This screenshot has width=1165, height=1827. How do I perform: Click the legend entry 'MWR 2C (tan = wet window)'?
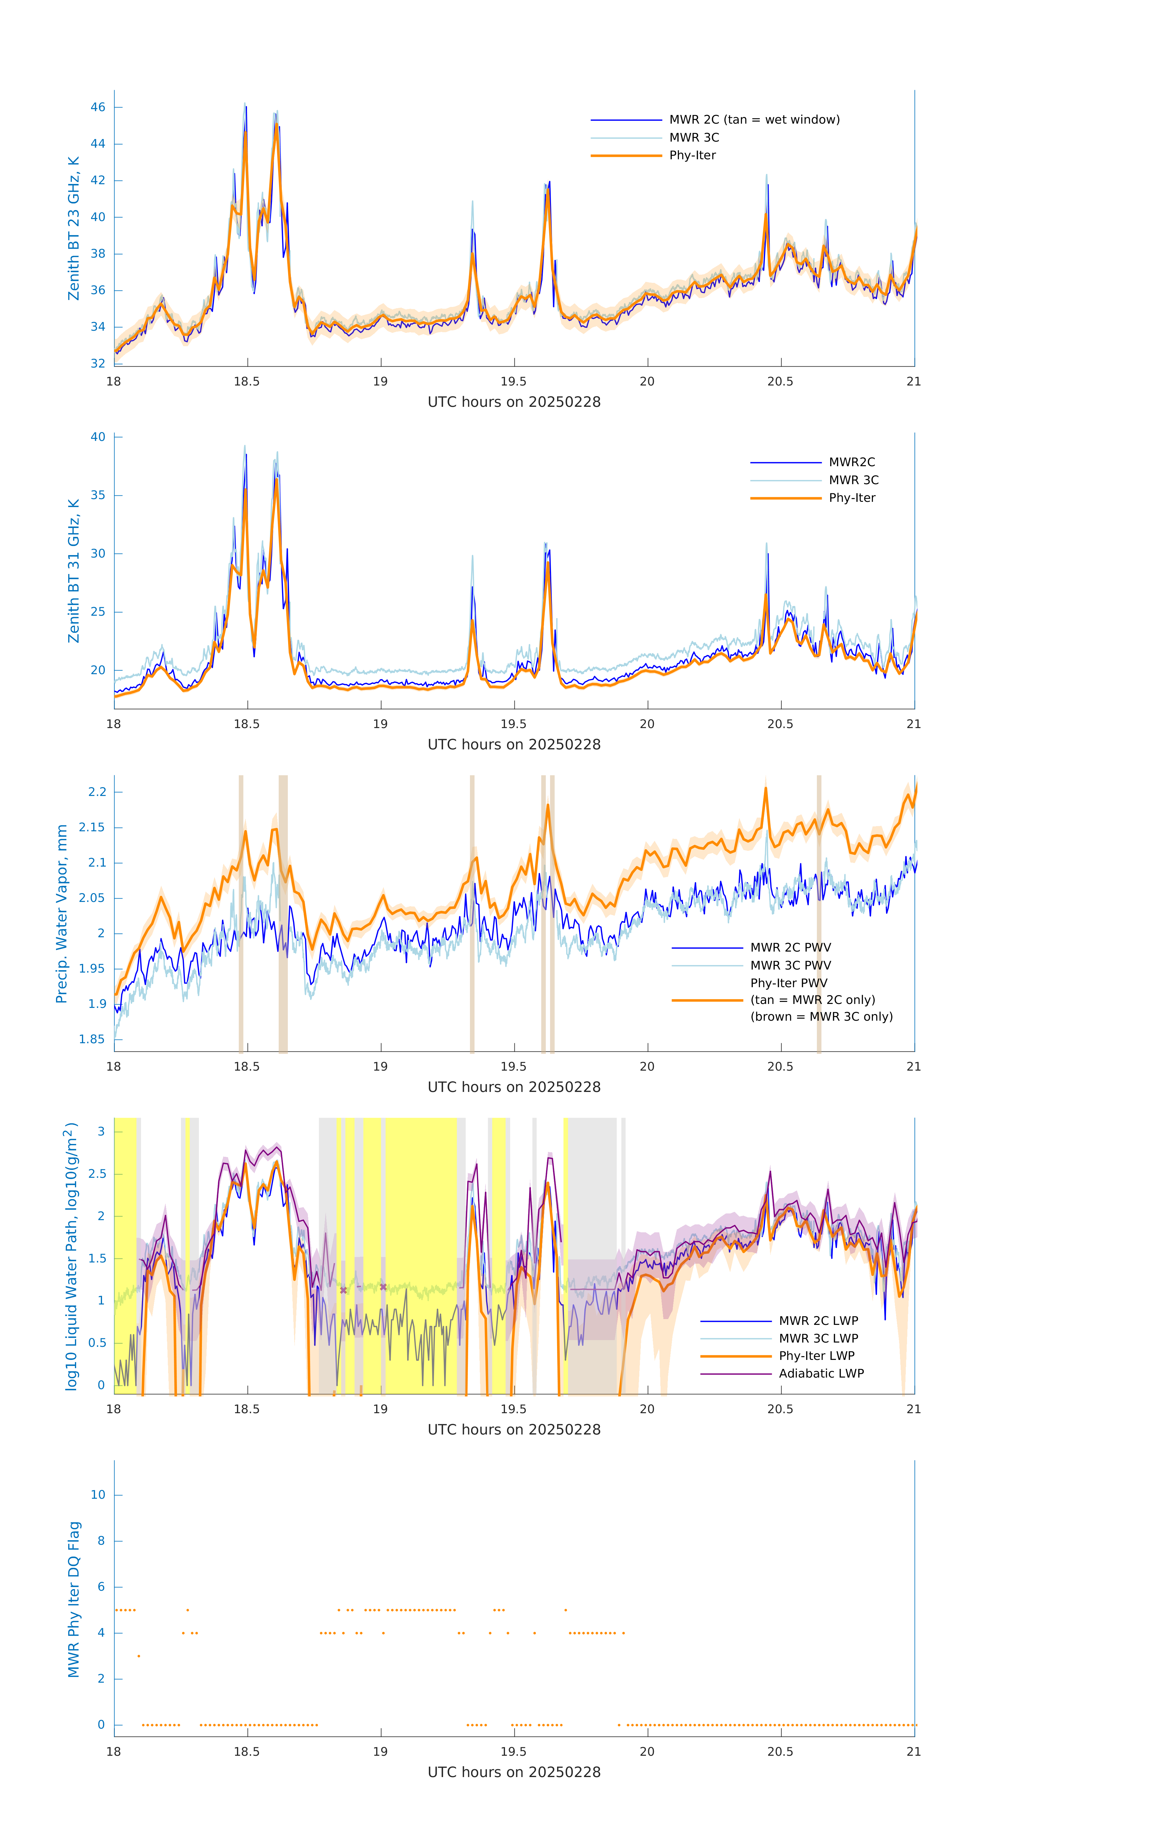[x=754, y=120]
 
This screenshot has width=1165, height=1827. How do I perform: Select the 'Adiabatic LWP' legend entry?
[x=821, y=1373]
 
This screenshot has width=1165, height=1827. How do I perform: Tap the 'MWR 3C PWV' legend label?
[x=790, y=965]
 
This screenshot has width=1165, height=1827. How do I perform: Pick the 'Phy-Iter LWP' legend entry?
[x=816, y=1356]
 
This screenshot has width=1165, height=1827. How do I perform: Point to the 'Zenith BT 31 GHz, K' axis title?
[x=74, y=571]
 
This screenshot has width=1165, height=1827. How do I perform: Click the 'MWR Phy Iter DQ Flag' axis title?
[x=74, y=1599]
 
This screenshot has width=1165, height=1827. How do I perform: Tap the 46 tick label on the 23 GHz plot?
[x=98, y=107]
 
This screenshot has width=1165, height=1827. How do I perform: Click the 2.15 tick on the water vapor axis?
[x=92, y=827]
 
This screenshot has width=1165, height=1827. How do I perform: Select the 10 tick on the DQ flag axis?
[x=98, y=1495]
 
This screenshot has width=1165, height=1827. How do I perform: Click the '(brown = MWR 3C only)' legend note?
[x=821, y=1017]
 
